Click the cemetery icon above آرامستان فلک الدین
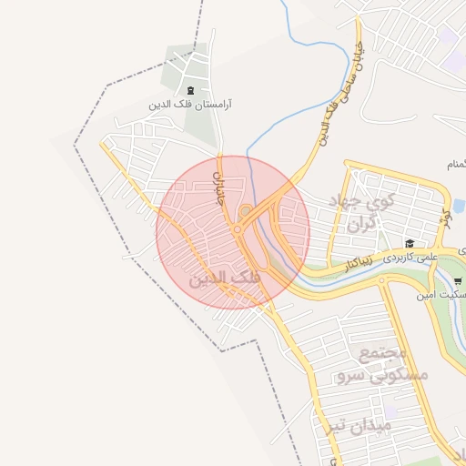[x=190, y=90]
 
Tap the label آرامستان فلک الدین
[x=190, y=105]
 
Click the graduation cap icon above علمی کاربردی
[x=410, y=244]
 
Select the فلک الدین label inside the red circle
[x=224, y=279]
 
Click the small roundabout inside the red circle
[x=245, y=213]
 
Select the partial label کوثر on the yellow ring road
[x=446, y=219]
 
